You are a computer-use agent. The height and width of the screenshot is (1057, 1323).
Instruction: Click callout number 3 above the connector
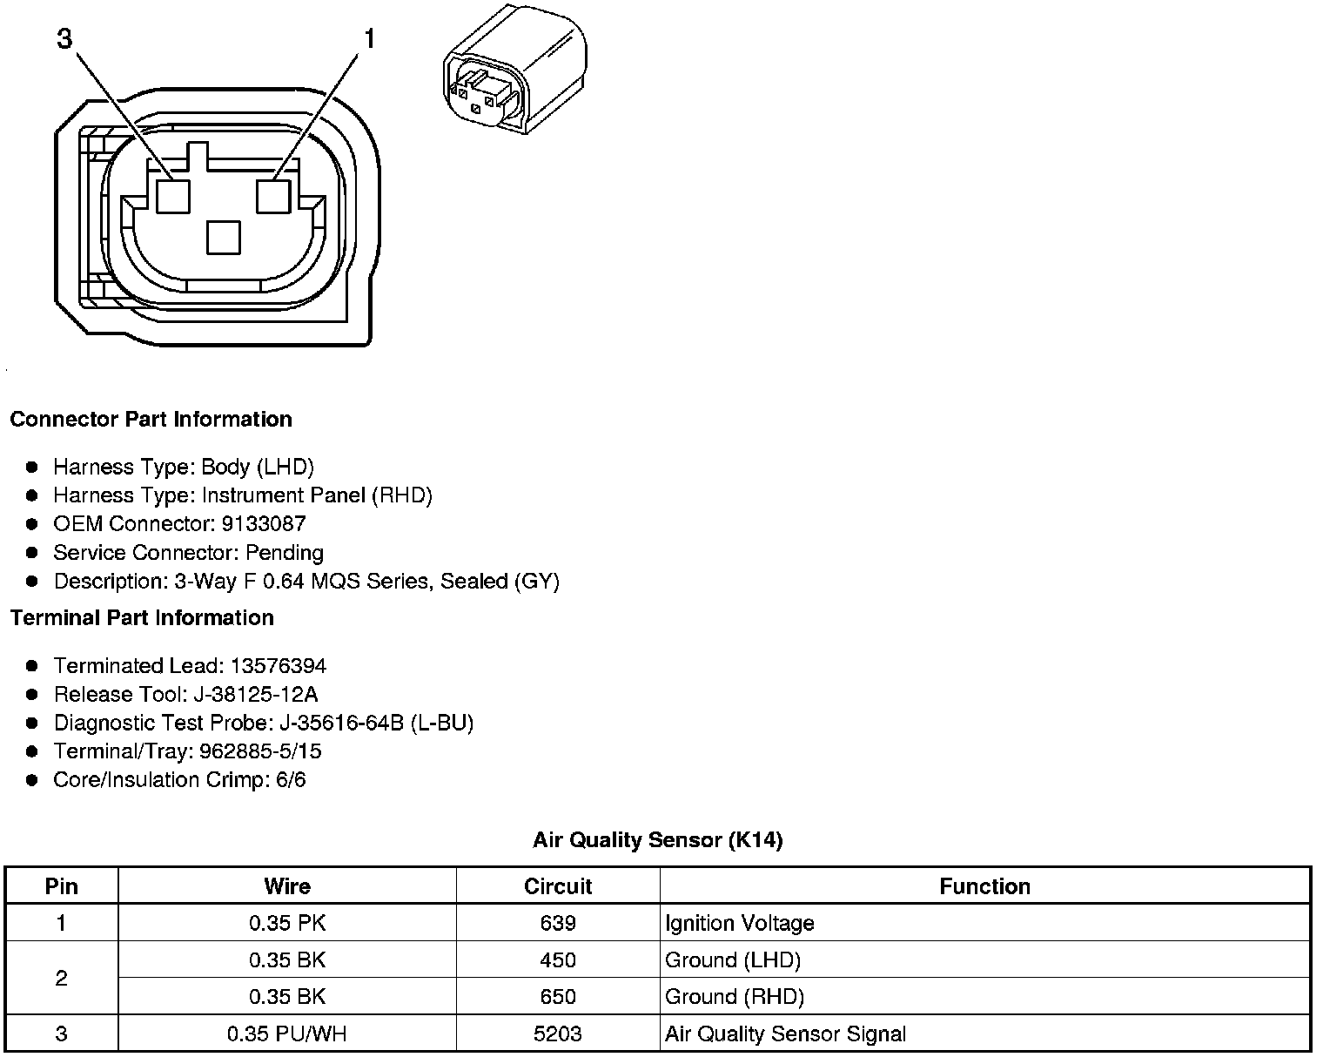point(64,39)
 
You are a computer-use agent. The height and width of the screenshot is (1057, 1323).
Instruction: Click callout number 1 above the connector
point(369,39)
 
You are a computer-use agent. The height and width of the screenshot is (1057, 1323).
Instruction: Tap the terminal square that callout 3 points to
point(172,196)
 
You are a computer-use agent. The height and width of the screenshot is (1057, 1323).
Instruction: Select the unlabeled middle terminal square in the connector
point(224,237)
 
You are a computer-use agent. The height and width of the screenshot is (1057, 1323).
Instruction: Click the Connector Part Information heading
point(151,419)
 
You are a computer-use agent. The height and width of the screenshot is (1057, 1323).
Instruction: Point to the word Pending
point(285,553)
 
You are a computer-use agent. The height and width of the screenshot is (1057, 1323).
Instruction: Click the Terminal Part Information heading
point(142,617)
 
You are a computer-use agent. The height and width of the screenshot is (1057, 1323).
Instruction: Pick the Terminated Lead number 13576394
point(278,666)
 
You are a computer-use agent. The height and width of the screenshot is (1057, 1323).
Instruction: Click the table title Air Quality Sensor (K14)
point(657,840)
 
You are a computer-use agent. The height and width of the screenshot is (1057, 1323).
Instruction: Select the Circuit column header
point(558,886)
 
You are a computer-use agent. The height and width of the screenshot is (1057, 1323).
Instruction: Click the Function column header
point(984,886)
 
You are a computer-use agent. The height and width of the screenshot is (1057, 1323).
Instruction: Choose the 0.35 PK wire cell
point(287,923)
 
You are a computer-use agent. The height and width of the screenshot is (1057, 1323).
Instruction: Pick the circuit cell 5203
point(558,1033)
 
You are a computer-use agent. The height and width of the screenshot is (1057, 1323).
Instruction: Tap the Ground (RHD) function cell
point(734,997)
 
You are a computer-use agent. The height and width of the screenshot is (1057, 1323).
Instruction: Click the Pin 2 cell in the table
point(61,978)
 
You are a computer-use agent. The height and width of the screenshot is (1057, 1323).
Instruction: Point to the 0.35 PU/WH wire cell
point(287,1033)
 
